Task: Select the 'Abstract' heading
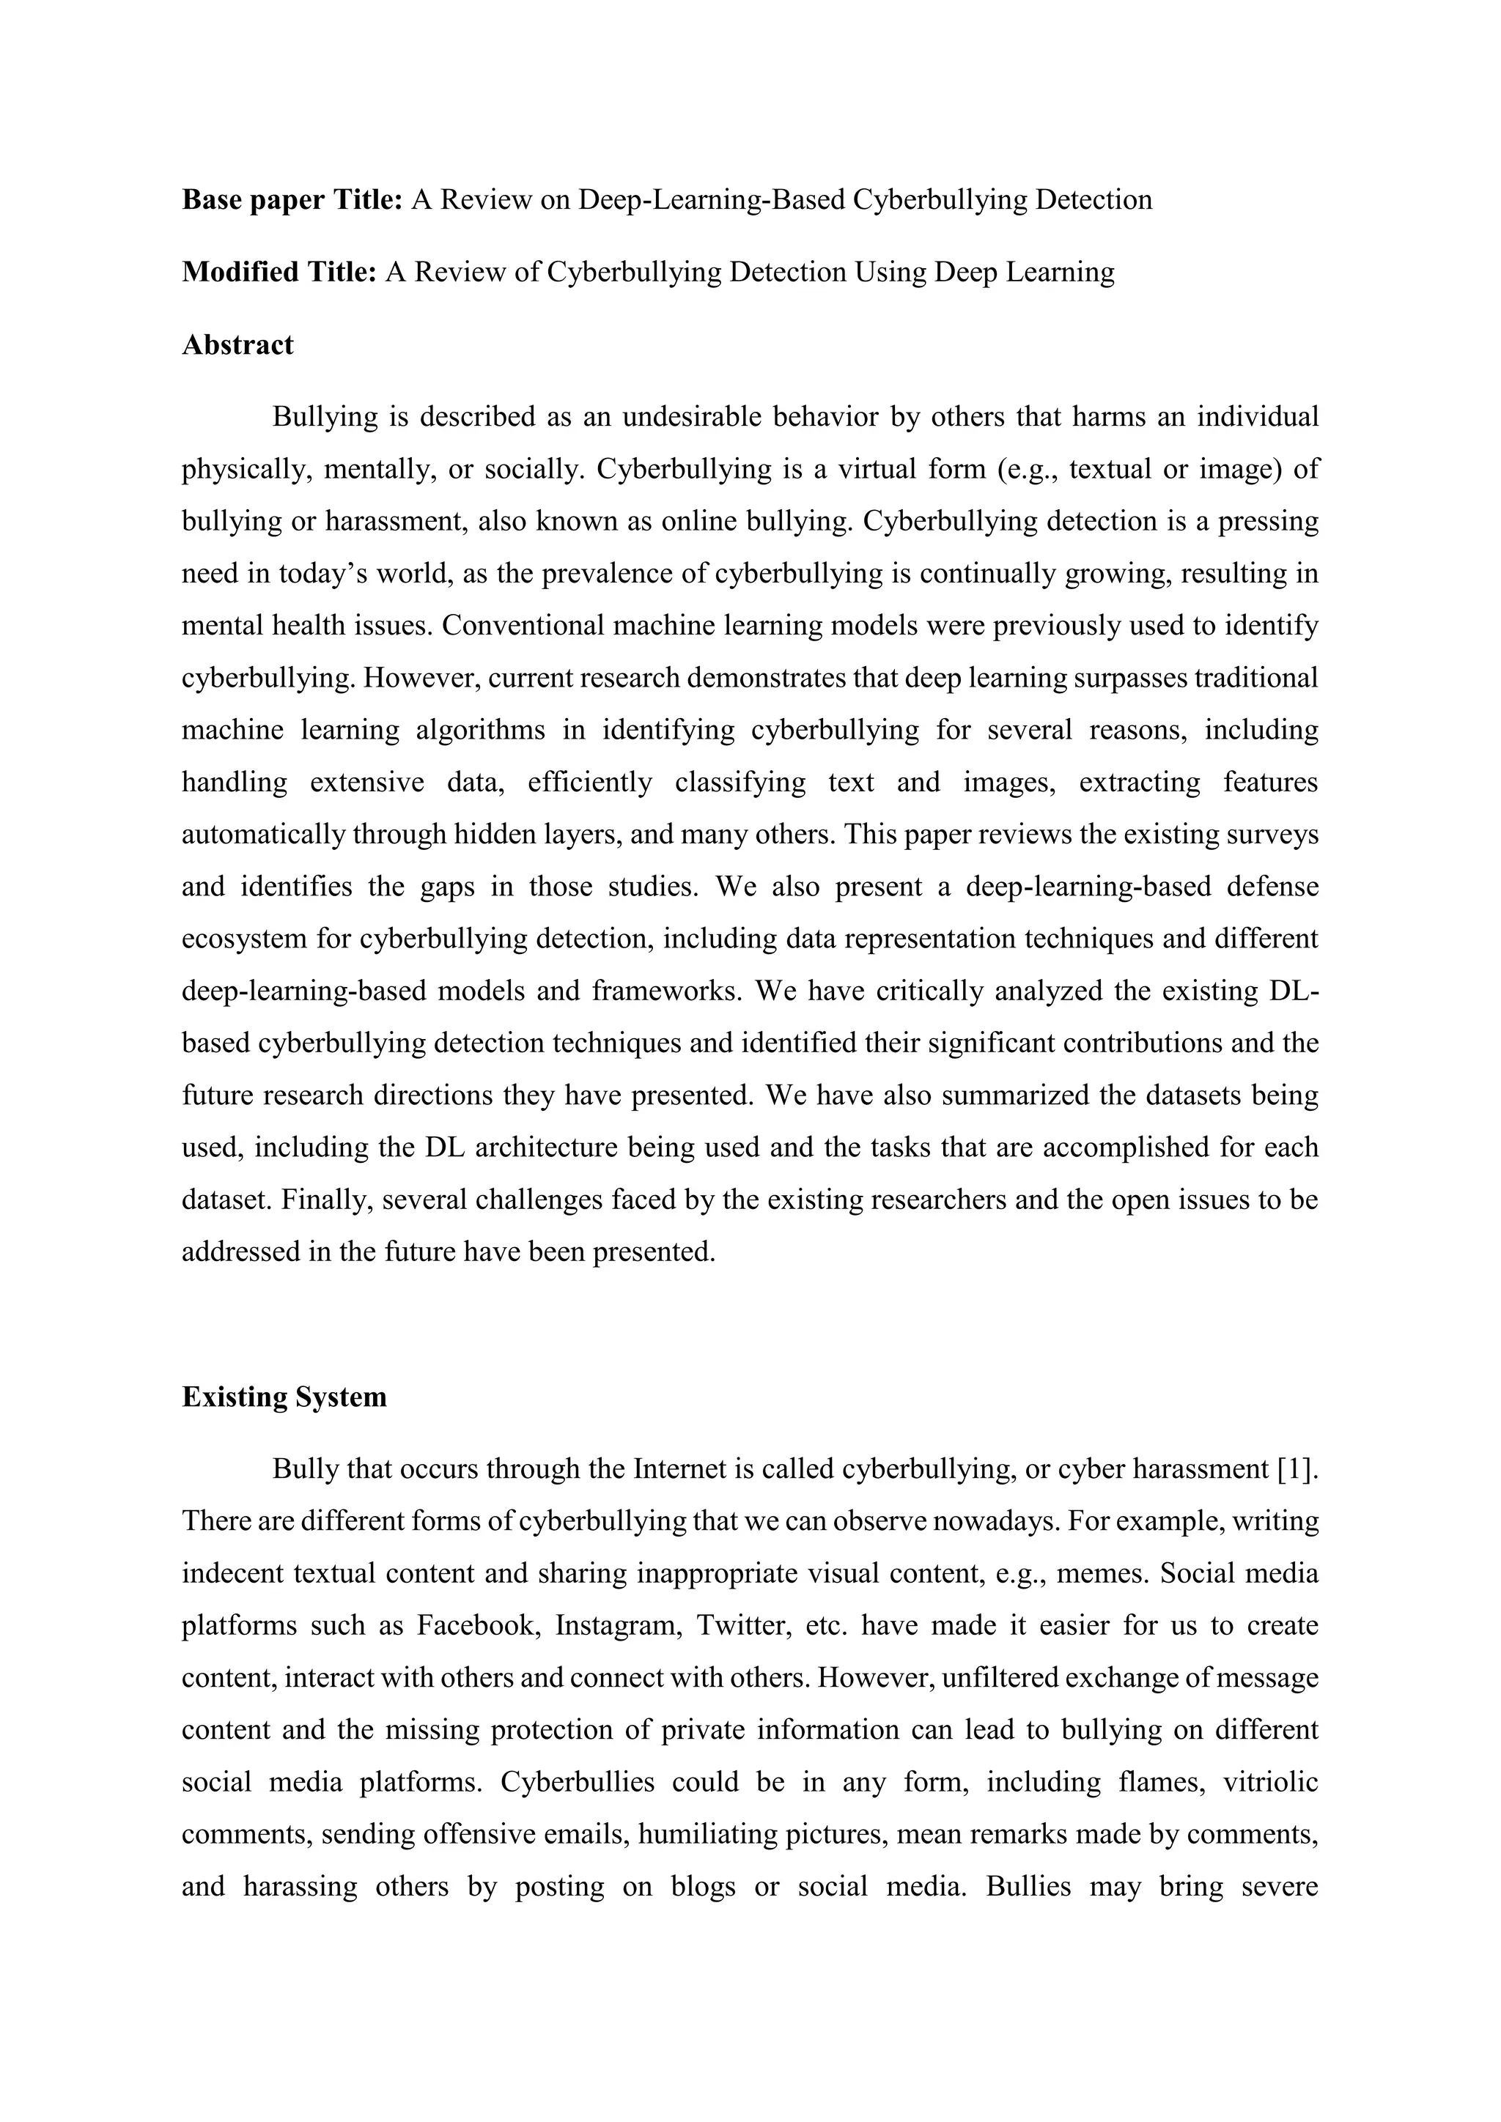point(237,344)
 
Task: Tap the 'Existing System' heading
point(284,1397)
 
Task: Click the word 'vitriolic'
point(1270,1782)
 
